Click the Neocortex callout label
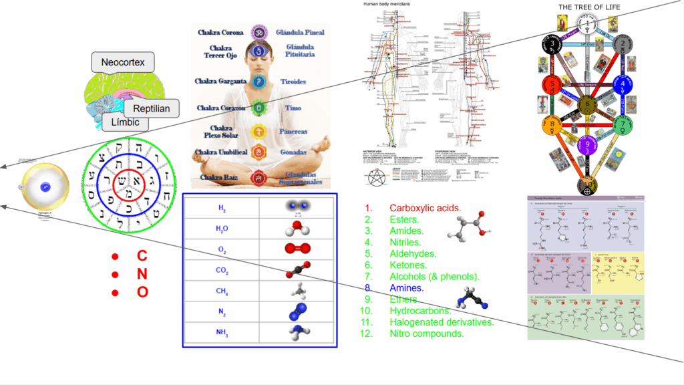123,63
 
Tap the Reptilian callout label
151,108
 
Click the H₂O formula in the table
221,229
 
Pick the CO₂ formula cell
221,270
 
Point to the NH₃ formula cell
221,332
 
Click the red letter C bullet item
142,256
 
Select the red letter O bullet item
142,292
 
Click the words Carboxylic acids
425,207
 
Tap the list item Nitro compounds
427,334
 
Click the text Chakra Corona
221,32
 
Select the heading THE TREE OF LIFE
589,7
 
